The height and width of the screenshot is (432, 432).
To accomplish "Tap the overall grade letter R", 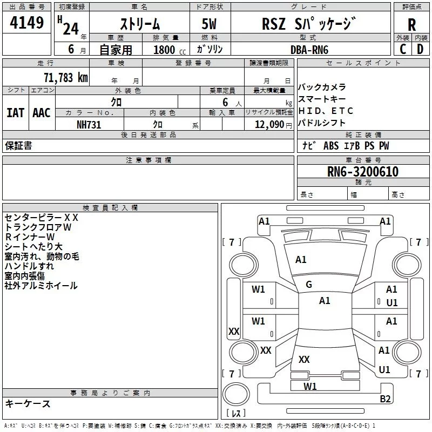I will click(x=411, y=24).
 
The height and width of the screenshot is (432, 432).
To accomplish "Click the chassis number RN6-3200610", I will click(x=363, y=172).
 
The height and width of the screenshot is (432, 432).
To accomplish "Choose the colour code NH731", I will click(x=89, y=124).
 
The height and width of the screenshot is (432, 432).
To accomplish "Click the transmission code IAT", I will click(x=15, y=113).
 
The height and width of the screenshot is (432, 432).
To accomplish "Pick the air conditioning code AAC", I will click(x=42, y=113).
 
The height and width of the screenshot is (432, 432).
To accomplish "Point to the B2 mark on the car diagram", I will click(x=385, y=399).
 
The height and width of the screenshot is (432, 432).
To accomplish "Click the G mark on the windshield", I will click(x=309, y=285).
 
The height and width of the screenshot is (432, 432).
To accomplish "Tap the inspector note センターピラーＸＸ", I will click(x=42, y=218).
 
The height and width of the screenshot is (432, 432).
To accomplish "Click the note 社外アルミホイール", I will click(x=41, y=286).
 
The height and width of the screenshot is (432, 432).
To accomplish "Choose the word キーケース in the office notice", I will click(x=28, y=403).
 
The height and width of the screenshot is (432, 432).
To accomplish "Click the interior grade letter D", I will click(x=420, y=49).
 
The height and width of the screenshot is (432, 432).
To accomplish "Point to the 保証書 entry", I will click(x=18, y=145).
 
